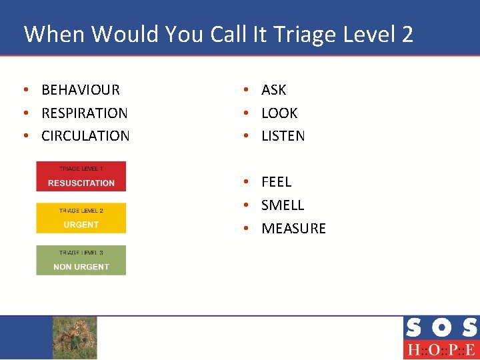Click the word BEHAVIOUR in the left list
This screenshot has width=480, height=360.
click(81, 90)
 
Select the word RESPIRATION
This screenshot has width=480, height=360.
click(85, 113)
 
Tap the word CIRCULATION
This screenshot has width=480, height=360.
click(85, 136)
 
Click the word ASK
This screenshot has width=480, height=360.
click(273, 90)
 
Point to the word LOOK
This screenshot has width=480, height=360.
click(279, 113)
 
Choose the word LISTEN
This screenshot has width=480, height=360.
click(283, 136)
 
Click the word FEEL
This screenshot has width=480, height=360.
click(276, 182)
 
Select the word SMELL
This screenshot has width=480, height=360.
click(283, 205)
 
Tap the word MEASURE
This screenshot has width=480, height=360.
click(293, 229)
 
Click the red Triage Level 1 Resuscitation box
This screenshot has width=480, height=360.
click(81, 177)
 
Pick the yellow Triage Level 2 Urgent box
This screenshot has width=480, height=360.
click(81, 218)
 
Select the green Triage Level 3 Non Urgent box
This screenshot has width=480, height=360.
click(81, 260)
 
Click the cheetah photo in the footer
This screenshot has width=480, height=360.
click(75, 337)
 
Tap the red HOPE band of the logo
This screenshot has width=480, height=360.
click(441, 349)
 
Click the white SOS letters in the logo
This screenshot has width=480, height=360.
click(441, 328)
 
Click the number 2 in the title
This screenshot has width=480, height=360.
click(407, 34)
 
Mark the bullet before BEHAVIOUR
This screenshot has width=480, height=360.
click(25, 90)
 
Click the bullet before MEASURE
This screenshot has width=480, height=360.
click(246, 229)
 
